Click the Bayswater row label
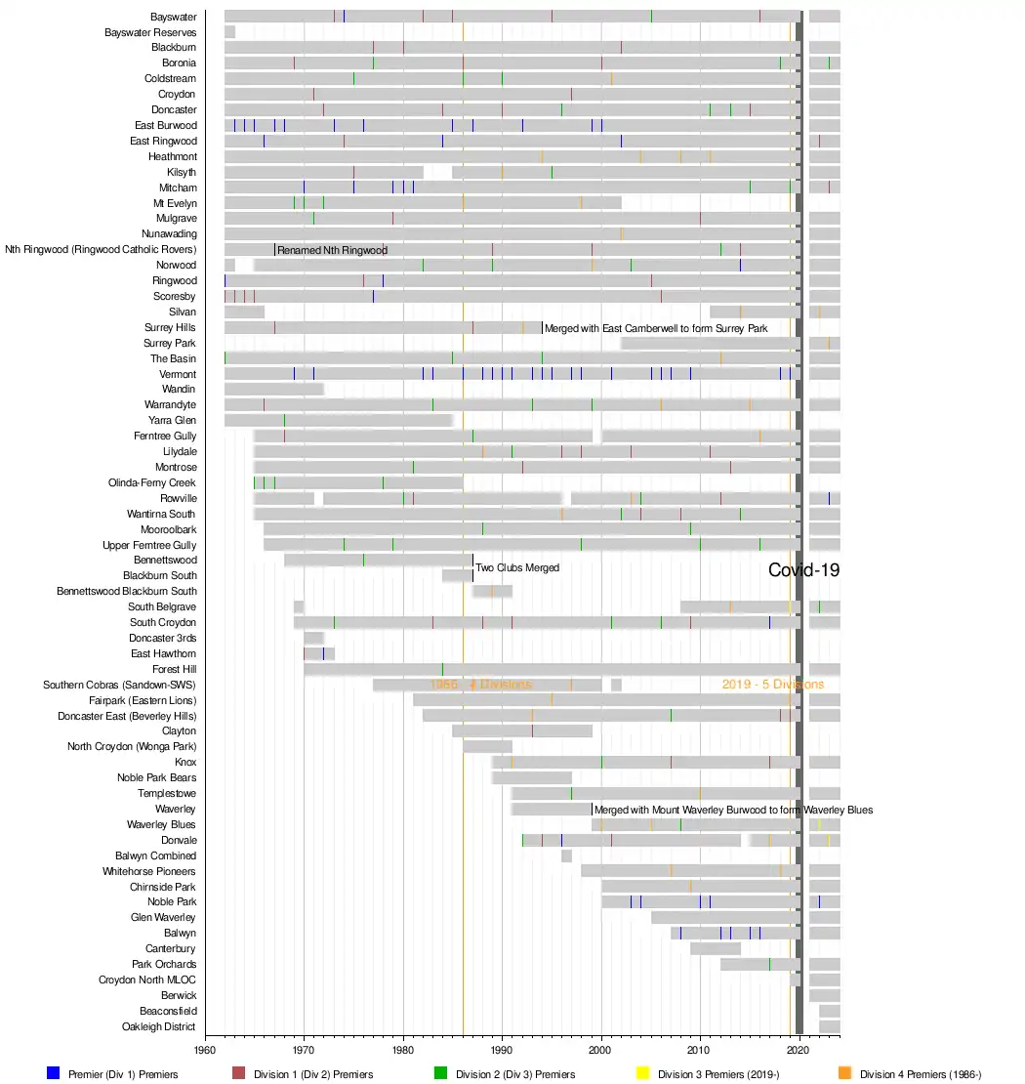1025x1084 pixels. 173,17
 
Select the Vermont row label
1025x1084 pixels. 177,374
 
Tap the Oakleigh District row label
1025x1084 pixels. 158,1026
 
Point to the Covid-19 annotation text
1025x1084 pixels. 803,570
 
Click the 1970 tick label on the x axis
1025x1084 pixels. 304,1050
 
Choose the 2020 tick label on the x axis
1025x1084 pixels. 799,1050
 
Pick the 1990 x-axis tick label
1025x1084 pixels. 502,1050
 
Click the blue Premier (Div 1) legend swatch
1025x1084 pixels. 54,1073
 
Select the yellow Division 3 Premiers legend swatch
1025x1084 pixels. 642,1073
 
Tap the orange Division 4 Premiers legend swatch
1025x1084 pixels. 844,1073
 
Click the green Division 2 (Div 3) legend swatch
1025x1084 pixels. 440,1073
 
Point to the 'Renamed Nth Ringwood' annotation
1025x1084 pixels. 332,250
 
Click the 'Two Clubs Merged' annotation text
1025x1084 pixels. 517,567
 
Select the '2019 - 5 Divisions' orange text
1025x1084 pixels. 772,685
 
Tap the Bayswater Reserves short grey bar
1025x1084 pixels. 229,32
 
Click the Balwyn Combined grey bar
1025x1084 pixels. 566,855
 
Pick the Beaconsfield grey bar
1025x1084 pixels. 829,1011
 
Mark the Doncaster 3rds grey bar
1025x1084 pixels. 313,638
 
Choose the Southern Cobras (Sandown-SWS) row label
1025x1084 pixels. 119,685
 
